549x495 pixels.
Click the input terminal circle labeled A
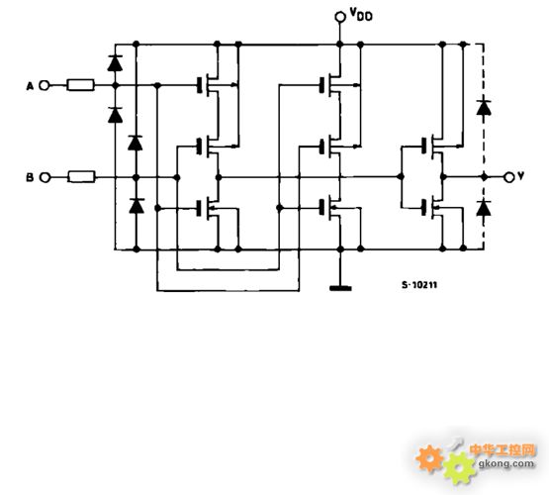pos(45,85)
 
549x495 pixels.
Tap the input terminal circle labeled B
pos(45,177)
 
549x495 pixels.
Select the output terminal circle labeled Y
pos(509,177)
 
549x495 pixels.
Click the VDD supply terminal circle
pos(340,17)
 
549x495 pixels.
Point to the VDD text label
pos(361,15)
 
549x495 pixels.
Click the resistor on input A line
pos(80,85)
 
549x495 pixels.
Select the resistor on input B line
pos(81,177)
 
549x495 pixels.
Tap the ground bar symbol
pos(340,288)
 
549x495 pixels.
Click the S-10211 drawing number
pos(419,285)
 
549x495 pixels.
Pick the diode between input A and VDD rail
pos(115,63)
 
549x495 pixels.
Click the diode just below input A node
pos(115,115)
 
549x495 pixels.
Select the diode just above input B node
pos(136,143)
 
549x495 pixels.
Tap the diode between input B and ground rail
pos(137,206)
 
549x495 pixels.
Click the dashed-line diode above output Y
pos(484,108)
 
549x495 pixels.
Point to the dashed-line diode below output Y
pos(484,208)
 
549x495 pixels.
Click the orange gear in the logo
pos(430,458)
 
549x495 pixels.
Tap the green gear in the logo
pos(459,468)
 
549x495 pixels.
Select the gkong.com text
pos(506,463)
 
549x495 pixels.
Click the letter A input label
pos(30,86)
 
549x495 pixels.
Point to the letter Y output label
pos(520,176)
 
